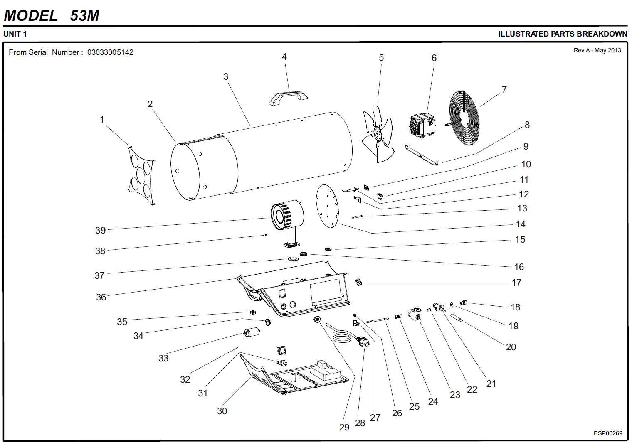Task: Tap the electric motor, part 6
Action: pos(422,125)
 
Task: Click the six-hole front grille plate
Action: pos(141,175)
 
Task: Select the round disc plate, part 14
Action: pos(327,206)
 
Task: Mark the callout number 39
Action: pos(101,230)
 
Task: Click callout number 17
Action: pos(516,283)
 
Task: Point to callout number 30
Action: pos(222,411)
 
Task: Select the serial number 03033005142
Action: pos(110,52)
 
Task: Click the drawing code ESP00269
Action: pos(608,433)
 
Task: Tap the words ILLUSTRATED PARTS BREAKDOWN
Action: pos(563,34)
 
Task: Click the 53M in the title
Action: pos(85,16)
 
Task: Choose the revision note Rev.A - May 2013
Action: pos(597,50)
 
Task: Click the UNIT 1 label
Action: pos(15,34)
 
